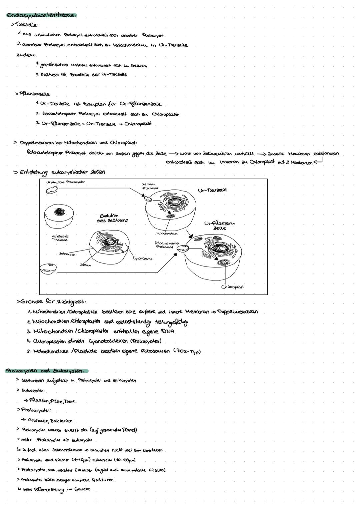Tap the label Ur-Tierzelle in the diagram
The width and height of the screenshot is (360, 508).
(x=212, y=190)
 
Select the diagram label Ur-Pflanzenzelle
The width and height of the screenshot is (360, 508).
(x=219, y=226)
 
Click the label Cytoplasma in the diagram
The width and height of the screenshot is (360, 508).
(x=143, y=258)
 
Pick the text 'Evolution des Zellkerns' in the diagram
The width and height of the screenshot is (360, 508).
(x=112, y=218)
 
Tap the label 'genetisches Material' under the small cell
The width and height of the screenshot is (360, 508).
(x=61, y=238)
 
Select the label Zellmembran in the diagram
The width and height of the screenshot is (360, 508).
(x=67, y=254)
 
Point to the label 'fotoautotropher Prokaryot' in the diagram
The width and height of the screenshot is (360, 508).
(x=167, y=245)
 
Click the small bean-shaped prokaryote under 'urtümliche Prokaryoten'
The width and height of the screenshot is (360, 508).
(x=52, y=190)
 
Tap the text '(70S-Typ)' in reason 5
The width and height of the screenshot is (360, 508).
(x=188, y=351)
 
